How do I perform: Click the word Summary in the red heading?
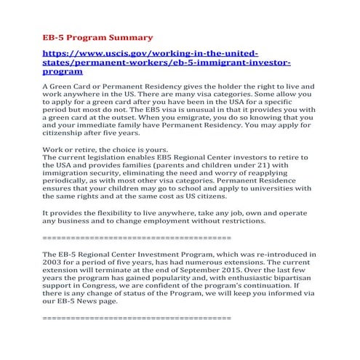(x=130, y=36)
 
